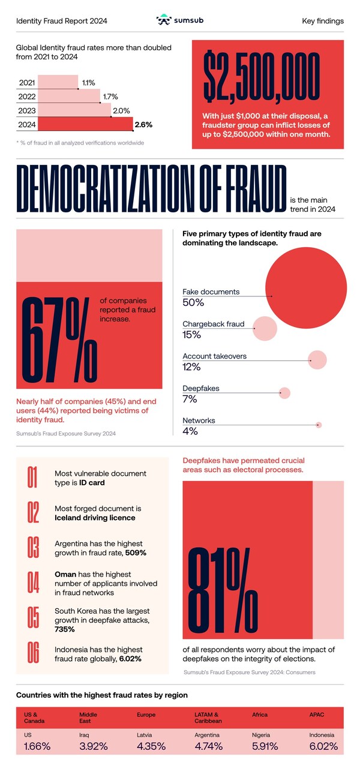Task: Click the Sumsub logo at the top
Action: click(180, 20)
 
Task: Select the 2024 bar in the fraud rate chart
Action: click(84, 125)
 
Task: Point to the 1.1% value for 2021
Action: click(88, 82)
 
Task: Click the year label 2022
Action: click(27, 96)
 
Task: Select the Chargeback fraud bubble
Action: click(265, 328)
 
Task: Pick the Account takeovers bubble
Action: click(317, 360)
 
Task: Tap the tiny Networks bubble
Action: click(319, 425)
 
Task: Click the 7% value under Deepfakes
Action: click(190, 399)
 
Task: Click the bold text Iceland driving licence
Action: click(94, 518)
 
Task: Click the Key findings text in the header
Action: click(323, 21)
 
